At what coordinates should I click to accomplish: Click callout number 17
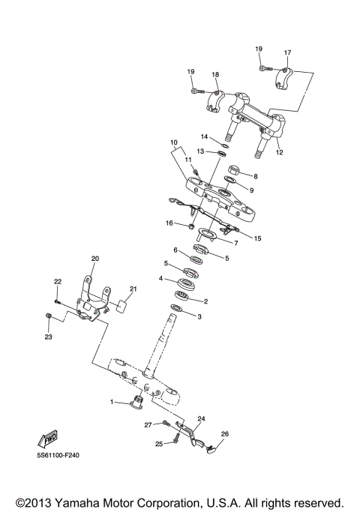click(286, 52)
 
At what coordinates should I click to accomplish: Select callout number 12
click(280, 152)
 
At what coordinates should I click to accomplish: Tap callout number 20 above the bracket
click(95, 259)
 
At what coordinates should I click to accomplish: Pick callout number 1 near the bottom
click(112, 403)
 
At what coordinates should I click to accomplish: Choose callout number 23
click(48, 337)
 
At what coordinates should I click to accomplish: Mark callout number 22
click(56, 282)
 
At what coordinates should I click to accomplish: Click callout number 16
click(169, 223)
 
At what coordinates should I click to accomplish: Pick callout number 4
click(160, 278)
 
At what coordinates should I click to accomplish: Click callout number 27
click(148, 424)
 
